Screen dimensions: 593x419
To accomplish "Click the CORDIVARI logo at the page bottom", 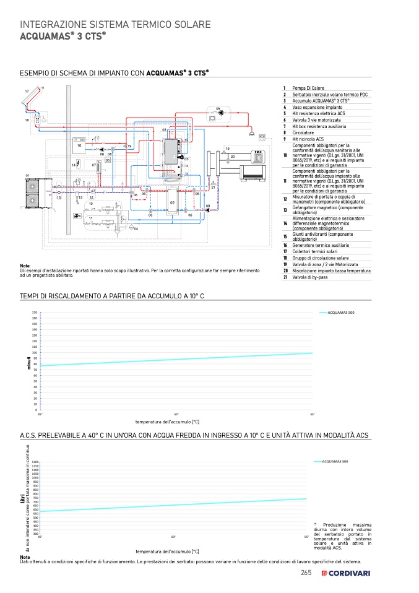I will [x=346, y=573].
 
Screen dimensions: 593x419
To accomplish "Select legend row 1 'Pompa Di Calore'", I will [x=308, y=89].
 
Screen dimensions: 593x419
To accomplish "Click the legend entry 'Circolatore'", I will [x=303, y=132].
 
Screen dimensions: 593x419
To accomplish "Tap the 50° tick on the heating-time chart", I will [x=176, y=413].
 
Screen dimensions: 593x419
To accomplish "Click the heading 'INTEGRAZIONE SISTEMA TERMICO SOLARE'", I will [x=116, y=24].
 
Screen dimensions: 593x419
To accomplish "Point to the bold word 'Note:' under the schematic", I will [x=25, y=266].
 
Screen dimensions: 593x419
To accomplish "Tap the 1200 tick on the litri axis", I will [x=35, y=462].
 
